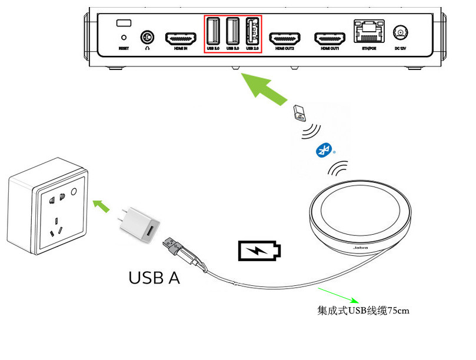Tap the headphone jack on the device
click(146, 38)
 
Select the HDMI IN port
click(180, 38)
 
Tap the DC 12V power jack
click(401, 33)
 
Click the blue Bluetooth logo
click(322, 150)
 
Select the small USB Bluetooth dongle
click(298, 112)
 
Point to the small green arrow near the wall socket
click(102, 205)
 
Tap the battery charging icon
click(259, 251)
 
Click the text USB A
click(154, 278)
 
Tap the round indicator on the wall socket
click(74, 192)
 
